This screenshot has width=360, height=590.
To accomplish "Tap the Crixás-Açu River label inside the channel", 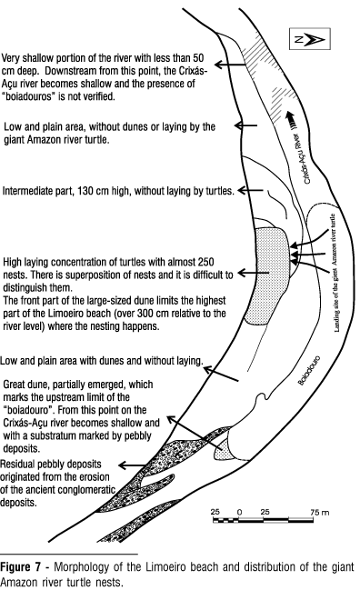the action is [x=304, y=159].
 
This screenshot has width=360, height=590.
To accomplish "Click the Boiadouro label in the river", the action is [x=309, y=370].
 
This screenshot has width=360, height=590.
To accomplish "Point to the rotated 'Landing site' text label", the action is [x=336, y=273].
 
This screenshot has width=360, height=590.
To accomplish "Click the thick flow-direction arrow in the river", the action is [x=290, y=120].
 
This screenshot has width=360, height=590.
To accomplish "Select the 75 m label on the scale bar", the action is [x=320, y=512].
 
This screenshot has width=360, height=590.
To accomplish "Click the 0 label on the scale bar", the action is [x=239, y=512].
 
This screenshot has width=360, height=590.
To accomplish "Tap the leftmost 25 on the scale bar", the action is [x=215, y=512].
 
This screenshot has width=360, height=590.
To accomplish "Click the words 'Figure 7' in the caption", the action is [x=21, y=567].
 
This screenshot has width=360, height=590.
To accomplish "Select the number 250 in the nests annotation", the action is [x=205, y=262].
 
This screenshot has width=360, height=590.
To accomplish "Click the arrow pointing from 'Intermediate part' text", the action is [x=250, y=190].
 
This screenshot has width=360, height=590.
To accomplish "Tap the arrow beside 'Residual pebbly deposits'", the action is [x=131, y=465].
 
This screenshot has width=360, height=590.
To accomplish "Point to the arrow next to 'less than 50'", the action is [x=230, y=65].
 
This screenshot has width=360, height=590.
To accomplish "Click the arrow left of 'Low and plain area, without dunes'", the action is [x=246, y=125].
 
